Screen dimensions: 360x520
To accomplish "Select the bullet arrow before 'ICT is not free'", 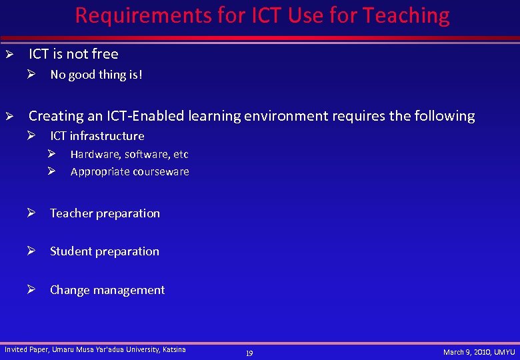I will pyautogui.click(x=9, y=54).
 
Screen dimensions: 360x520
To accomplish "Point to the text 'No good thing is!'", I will pyautogui.click(x=96, y=75).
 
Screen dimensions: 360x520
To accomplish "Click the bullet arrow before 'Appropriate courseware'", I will pyautogui.click(x=51, y=171).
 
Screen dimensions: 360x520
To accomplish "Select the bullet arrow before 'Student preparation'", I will pyautogui.click(x=31, y=251).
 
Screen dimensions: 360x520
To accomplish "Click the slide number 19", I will pyautogui.click(x=249, y=353).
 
